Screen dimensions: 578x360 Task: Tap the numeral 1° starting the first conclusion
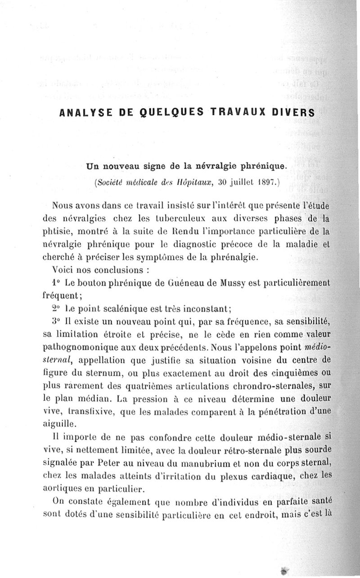pos(56,283)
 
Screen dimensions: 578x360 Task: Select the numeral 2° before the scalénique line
pos(56,309)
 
